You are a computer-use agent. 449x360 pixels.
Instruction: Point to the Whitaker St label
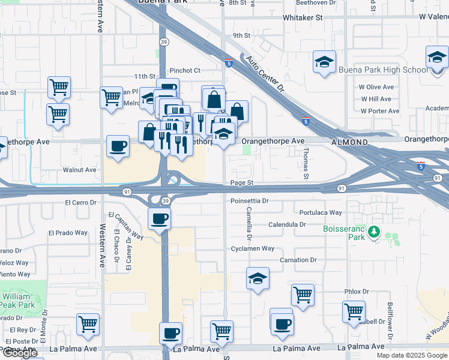303,18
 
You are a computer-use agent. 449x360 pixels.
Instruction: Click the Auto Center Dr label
265,75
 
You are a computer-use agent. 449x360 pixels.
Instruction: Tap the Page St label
242,182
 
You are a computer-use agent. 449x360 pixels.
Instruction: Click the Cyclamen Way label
253,248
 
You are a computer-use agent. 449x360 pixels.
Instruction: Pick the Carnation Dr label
298,260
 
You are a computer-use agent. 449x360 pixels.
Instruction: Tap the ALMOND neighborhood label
349,142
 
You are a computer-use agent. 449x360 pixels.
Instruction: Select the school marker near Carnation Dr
258,278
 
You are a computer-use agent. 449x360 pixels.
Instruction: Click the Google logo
20,353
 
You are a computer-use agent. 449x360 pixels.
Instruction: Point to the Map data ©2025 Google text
412,355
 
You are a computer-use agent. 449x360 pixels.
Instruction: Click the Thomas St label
306,164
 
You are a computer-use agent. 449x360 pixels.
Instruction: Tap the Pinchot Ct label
185,70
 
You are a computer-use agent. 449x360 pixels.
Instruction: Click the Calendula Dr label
288,224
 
